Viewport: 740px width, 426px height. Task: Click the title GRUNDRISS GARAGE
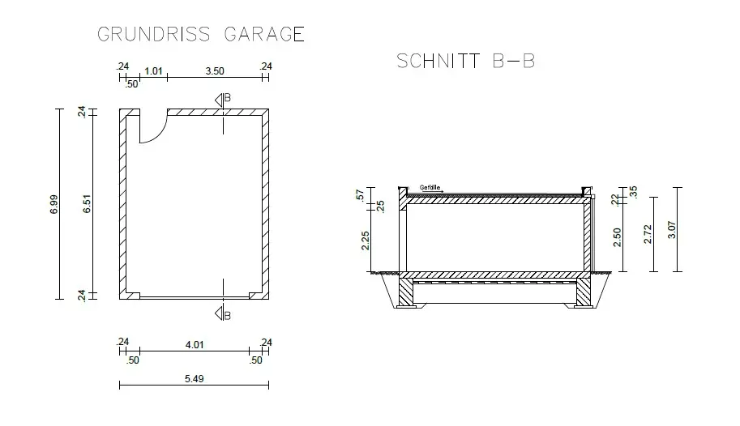(201, 34)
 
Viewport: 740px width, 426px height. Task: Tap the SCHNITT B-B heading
(465, 62)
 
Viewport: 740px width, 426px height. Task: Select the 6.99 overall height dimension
(53, 204)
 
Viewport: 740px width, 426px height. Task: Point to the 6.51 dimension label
(87, 204)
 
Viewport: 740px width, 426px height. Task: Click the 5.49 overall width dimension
(194, 379)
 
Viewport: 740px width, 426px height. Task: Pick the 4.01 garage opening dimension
(195, 345)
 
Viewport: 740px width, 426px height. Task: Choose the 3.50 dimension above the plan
(215, 71)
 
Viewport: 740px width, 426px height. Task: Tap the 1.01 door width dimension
(153, 71)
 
